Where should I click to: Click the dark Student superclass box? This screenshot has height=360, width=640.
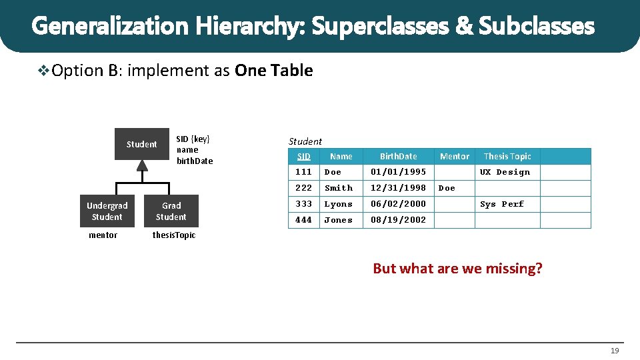[141, 144]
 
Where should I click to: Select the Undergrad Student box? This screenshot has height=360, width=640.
[107, 211]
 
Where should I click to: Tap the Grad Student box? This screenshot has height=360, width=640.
[171, 211]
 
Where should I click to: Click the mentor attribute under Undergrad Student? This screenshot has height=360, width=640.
[103, 235]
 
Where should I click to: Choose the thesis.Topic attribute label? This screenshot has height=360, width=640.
[174, 235]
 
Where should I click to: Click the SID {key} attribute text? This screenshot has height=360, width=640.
[193, 139]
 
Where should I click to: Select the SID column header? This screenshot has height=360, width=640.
[304, 157]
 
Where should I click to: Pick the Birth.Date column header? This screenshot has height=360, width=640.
[398, 157]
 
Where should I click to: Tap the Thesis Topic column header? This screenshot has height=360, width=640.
[507, 157]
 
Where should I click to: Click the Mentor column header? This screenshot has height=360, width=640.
[455, 157]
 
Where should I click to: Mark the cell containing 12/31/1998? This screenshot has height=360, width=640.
[398, 188]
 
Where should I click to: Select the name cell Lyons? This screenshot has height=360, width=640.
[339, 204]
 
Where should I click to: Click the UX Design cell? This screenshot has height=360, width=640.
[505, 172]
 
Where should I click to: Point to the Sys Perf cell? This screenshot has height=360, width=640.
[502, 204]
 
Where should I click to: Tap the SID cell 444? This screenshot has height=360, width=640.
[303, 220]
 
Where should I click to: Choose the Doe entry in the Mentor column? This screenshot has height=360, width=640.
[447, 188]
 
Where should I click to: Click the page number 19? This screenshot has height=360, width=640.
[615, 351]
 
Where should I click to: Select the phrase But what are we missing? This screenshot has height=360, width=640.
[457, 269]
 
